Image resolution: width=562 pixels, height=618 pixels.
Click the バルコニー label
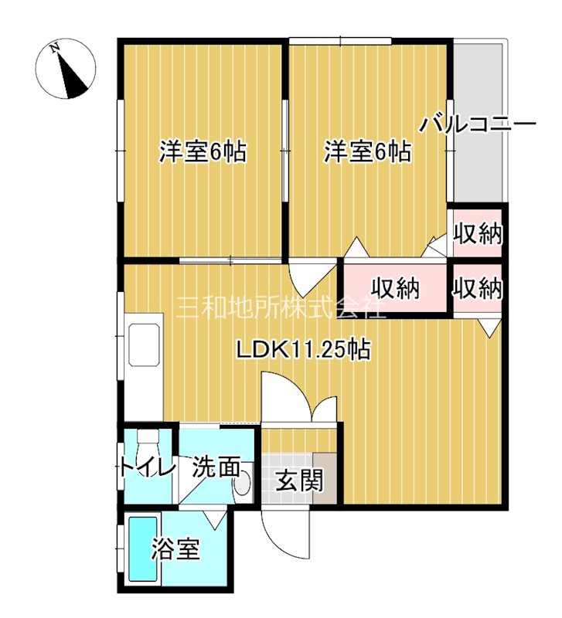coord(479,124)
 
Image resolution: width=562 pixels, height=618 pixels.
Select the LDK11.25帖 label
coord(303,350)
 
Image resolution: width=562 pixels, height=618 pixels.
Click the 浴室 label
coord(175,549)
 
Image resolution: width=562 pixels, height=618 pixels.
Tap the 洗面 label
coord(212,467)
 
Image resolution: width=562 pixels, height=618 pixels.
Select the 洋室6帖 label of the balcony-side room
coord(366,151)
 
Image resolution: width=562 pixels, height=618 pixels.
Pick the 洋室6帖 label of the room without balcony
coord(203,151)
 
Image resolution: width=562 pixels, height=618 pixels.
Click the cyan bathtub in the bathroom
coord(141,549)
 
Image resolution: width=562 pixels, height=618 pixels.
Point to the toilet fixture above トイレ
coord(147,443)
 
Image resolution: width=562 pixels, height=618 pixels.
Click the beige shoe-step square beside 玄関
coord(325,477)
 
